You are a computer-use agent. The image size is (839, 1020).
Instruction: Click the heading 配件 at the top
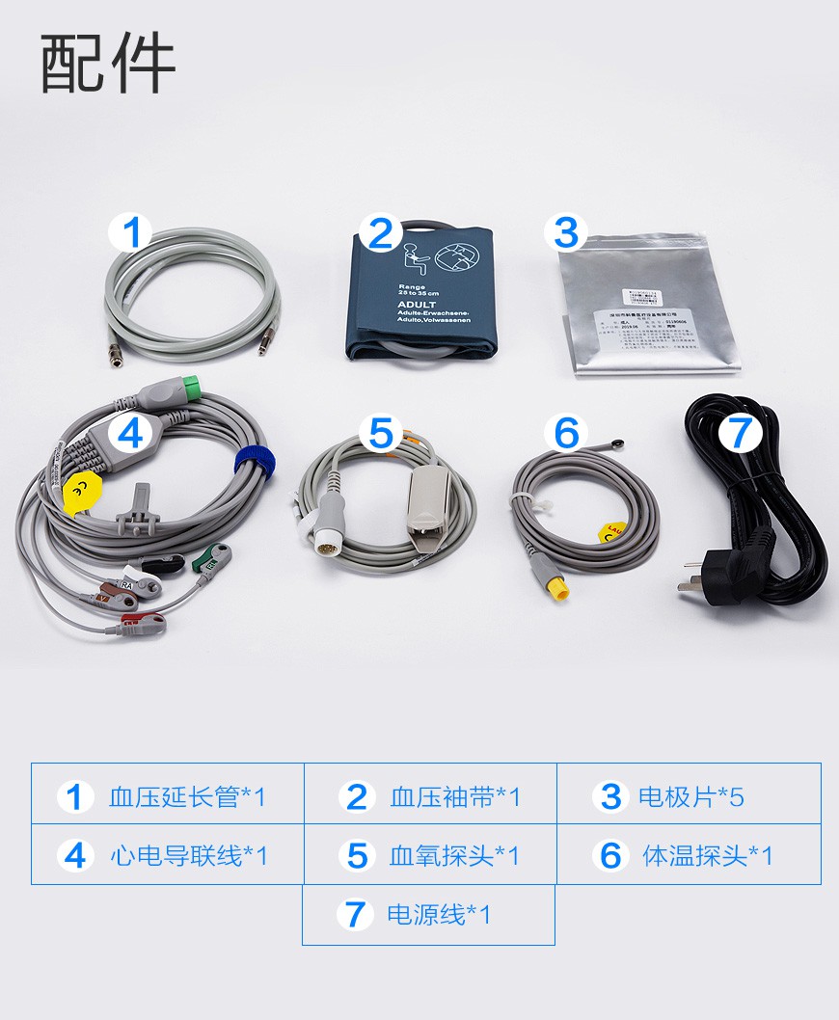click(108, 65)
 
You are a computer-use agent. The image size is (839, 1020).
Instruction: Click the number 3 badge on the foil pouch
click(566, 232)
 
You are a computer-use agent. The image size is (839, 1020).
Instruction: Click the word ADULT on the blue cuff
click(416, 304)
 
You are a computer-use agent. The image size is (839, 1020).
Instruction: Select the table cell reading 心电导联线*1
click(168, 854)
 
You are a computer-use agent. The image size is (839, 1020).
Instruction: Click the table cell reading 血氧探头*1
click(430, 854)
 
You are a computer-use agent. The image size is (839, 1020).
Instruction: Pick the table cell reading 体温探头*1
click(689, 854)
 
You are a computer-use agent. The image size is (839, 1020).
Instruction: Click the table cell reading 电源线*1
click(428, 914)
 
